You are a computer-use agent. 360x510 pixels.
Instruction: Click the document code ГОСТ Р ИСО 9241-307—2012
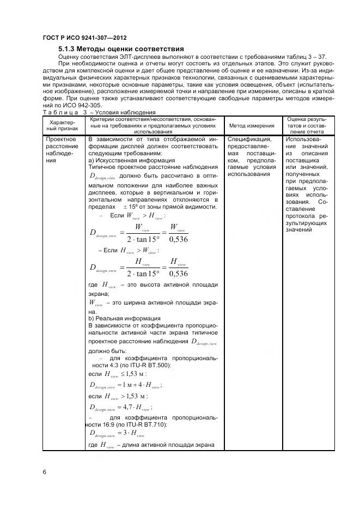(80, 38)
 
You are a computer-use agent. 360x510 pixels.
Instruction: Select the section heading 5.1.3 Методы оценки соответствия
(121, 49)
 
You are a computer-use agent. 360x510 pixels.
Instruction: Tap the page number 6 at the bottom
(44, 471)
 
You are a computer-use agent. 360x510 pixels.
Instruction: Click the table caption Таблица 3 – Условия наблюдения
(91, 112)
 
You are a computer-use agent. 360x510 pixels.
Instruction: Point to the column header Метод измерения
(252, 125)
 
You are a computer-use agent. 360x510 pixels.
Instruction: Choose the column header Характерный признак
(65, 125)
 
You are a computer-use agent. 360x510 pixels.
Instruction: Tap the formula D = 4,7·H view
(120, 406)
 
